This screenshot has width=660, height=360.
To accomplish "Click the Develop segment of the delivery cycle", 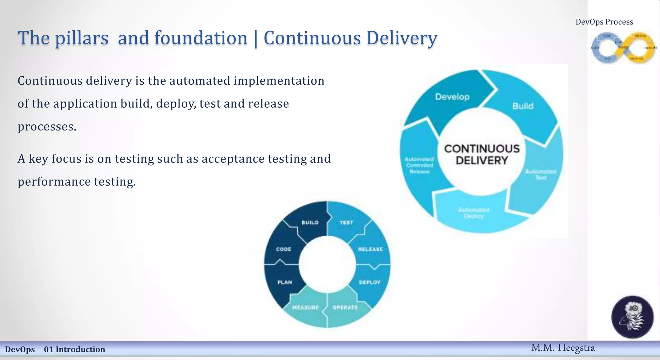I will [x=452, y=97].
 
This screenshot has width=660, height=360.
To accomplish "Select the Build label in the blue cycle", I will [x=523, y=106].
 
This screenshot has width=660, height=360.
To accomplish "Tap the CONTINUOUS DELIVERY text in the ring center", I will [x=482, y=154].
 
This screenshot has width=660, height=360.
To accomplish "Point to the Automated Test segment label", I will [x=540, y=174].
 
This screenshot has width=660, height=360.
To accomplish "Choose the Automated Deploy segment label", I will [x=474, y=213].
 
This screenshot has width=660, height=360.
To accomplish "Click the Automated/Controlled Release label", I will [x=419, y=165].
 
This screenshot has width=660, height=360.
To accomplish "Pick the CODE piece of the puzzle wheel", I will [x=284, y=249].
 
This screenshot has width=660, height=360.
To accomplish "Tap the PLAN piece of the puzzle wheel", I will [x=285, y=282].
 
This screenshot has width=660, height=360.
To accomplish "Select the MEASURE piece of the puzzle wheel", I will [x=306, y=307].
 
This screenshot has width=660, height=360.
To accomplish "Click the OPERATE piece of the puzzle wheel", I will [x=345, y=307].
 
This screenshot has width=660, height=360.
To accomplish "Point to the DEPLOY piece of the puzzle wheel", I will [x=370, y=282].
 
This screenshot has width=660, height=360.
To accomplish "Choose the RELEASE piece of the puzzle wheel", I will [x=370, y=249].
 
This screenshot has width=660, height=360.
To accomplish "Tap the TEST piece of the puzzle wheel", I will [x=346, y=223].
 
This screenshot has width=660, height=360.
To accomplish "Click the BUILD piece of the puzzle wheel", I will [x=310, y=223].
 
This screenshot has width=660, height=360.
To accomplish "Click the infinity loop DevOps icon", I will [x=624, y=48].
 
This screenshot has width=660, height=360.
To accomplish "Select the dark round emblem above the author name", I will [x=632, y=317].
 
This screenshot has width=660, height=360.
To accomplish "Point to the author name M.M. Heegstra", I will [x=563, y=348].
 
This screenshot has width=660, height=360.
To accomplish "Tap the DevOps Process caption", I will [x=604, y=22].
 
